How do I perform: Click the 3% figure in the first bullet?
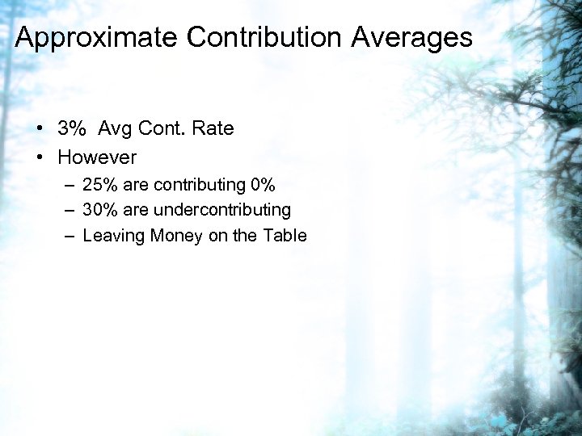pos(72,128)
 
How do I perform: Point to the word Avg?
pos(116,129)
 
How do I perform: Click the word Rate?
pos(213,128)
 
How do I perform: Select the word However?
pos(97,157)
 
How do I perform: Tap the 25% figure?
pos(99,185)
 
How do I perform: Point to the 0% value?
pos(264,185)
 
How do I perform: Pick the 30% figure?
pos(99,210)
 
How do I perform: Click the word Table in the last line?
pos(285,236)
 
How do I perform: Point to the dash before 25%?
pos(70,186)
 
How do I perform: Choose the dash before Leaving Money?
pos(70,237)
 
